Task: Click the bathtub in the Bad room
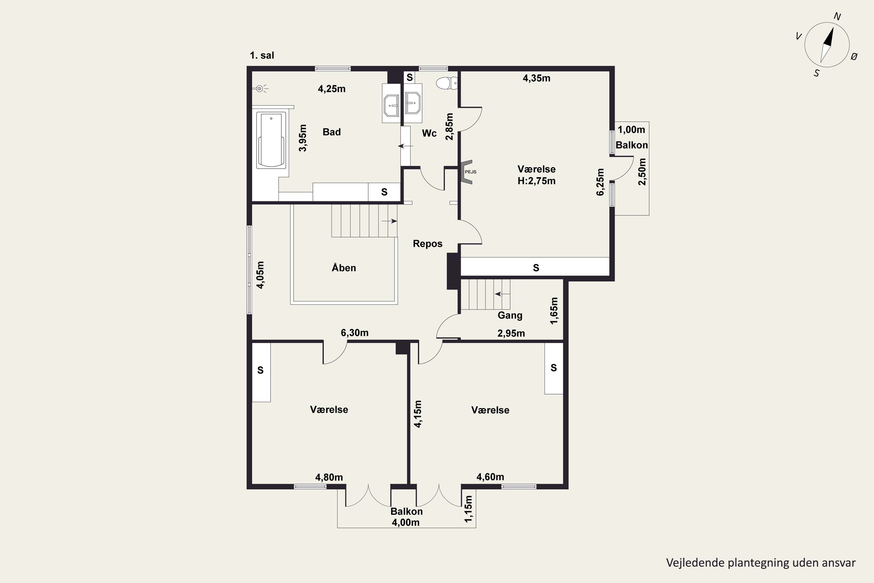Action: (x=271, y=141)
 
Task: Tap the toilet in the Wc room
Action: (x=447, y=83)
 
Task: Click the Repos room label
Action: (x=428, y=244)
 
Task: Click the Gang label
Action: (x=510, y=316)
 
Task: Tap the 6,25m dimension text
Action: (x=600, y=182)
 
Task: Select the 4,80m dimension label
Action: (x=329, y=477)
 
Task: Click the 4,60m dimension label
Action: (x=490, y=477)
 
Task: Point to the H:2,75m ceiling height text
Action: (x=537, y=181)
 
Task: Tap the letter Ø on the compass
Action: (x=854, y=57)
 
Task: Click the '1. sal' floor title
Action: (x=262, y=55)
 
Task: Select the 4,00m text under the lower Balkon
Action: (x=406, y=523)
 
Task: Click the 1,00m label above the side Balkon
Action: (x=631, y=130)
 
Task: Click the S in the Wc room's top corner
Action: (x=410, y=77)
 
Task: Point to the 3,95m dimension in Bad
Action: (x=303, y=138)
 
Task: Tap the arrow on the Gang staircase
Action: (x=502, y=294)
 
